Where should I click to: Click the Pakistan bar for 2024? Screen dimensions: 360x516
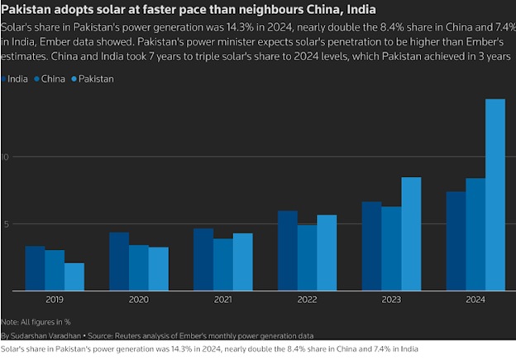[494, 194]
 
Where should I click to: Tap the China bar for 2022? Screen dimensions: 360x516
[307, 257]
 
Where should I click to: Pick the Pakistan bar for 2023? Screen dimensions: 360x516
[411, 233]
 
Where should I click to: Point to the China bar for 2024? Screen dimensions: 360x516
[475, 234]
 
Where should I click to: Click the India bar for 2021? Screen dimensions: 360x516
[203, 259]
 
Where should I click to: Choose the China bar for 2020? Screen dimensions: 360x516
[139, 267]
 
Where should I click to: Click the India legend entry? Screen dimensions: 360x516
[17, 79]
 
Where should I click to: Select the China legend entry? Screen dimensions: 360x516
[52, 79]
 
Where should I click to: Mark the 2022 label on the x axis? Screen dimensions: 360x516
[307, 300]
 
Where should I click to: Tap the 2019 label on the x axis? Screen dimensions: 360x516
[55, 300]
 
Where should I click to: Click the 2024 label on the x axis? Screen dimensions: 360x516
[475, 300]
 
